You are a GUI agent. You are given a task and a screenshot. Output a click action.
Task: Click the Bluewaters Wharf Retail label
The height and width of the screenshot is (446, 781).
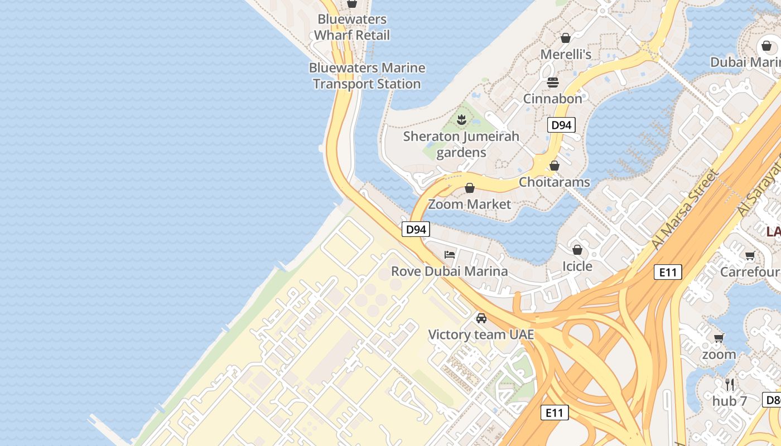point(351,27)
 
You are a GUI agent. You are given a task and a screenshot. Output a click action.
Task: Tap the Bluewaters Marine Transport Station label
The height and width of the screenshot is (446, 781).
point(367,76)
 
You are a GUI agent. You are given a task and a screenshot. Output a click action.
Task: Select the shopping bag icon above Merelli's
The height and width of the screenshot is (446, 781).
point(566,38)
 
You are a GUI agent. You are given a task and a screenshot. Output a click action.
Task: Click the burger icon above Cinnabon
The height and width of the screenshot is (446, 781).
point(553,83)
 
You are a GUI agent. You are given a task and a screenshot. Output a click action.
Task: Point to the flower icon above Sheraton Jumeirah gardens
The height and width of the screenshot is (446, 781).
point(461,119)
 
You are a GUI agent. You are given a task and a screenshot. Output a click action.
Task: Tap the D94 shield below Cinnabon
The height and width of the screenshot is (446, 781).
point(561,125)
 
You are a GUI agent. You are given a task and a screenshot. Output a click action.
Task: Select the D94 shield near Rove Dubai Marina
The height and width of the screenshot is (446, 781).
point(416,229)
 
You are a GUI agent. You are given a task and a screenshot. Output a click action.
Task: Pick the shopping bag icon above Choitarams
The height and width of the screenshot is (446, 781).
point(555,166)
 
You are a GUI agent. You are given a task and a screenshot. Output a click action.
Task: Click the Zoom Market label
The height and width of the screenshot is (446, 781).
point(469,204)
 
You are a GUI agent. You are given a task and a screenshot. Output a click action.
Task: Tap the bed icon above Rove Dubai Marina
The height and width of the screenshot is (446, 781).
point(450,255)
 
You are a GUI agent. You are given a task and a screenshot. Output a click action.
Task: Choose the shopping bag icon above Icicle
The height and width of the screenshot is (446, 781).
point(577,250)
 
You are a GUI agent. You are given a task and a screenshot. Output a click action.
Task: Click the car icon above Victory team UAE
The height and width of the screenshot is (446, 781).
point(481,318)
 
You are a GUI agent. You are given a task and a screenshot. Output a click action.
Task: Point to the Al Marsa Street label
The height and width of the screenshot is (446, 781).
point(685,210)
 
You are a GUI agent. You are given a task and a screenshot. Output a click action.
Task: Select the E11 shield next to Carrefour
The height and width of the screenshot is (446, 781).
point(668,272)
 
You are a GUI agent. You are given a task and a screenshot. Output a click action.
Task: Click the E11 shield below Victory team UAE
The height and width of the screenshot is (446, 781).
point(555,413)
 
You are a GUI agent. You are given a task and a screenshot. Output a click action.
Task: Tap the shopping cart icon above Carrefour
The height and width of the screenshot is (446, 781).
point(750,256)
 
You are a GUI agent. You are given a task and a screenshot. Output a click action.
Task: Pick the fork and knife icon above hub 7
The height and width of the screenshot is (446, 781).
point(729,384)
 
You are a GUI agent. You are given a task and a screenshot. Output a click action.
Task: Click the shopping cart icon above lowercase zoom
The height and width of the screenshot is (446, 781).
point(719,338)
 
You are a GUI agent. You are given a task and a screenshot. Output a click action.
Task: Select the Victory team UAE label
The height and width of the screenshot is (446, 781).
point(481,334)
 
